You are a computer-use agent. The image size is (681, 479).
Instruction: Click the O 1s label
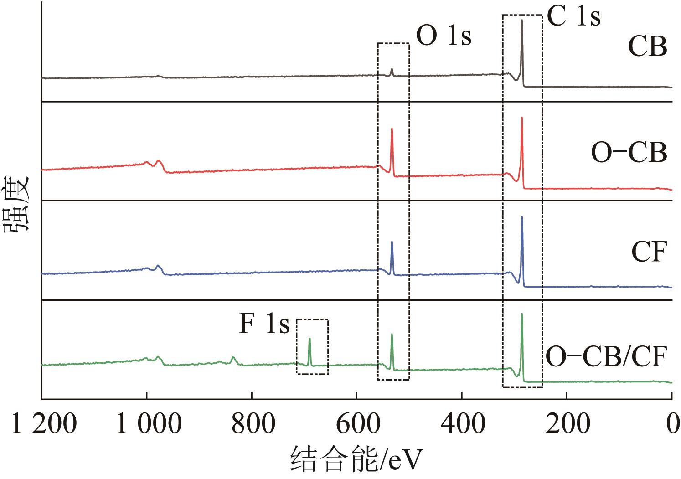click(x=444, y=36)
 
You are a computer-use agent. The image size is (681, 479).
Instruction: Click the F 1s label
click(x=264, y=324)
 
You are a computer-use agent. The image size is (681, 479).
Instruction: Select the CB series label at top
click(x=647, y=46)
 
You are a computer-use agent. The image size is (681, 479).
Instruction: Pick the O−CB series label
click(x=629, y=153)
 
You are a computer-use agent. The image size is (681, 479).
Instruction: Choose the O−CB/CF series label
click(x=606, y=357)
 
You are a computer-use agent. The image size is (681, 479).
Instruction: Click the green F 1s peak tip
click(x=310, y=339)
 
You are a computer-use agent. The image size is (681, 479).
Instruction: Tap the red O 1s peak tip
click(x=392, y=129)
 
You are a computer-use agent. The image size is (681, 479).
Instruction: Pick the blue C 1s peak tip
click(x=522, y=217)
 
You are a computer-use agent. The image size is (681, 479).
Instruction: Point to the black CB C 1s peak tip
click(x=522, y=21)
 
